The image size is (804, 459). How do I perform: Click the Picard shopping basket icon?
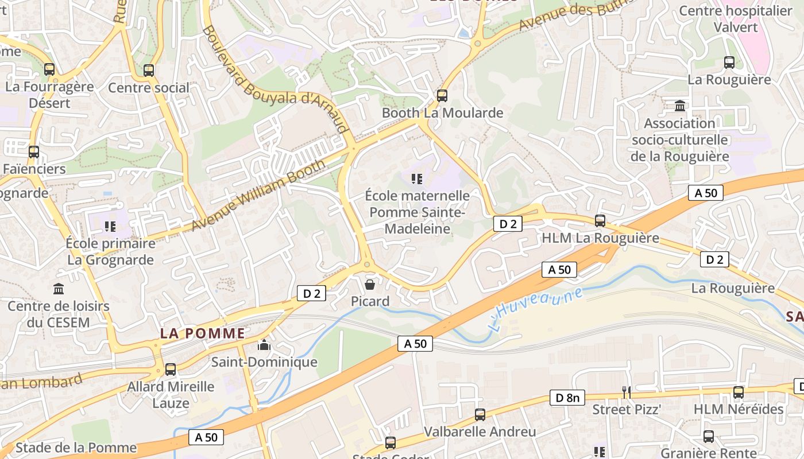(x=370, y=284)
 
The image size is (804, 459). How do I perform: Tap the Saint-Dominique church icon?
(x=264, y=345)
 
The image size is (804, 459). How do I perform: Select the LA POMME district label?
(x=202, y=333)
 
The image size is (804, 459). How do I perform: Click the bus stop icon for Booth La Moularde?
(x=442, y=96)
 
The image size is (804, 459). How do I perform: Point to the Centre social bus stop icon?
(x=149, y=71)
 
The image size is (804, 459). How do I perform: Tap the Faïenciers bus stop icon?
(x=34, y=152)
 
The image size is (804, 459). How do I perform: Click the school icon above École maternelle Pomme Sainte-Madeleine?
(x=417, y=179)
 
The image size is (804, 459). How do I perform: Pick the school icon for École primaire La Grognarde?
(x=110, y=227)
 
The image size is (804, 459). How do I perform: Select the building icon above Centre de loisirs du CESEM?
(x=58, y=289)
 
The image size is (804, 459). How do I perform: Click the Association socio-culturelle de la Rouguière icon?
(x=680, y=106)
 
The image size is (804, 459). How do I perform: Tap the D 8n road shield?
(x=567, y=398)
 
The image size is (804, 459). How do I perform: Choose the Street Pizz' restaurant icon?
(x=627, y=392)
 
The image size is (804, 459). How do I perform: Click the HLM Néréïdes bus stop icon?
(x=739, y=392)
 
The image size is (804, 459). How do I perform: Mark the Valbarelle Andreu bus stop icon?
(x=480, y=414)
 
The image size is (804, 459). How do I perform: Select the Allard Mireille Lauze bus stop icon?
(x=171, y=369)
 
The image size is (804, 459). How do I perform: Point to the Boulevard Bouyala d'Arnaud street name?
(x=276, y=79)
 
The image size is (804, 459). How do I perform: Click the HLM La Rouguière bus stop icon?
(x=600, y=220)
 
